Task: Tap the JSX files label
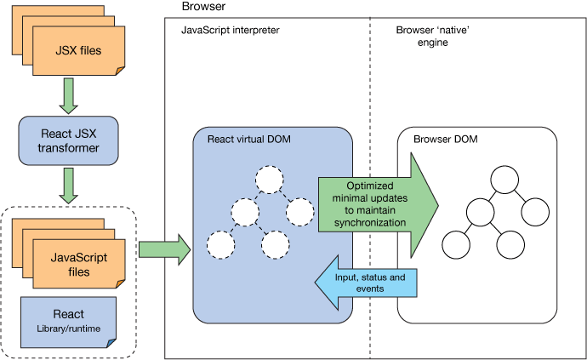[77, 50]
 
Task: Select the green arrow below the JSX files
[67, 96]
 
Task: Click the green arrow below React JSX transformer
[67, 186]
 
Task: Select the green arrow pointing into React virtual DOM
[164, 249]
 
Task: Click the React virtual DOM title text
[247, 138]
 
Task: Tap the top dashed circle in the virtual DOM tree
[269, 180]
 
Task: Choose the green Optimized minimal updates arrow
[374, 204]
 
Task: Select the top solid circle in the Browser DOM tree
[503, 180]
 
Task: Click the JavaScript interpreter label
[231, 31]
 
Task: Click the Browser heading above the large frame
[202, 7]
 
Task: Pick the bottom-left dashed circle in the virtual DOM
[221, 245]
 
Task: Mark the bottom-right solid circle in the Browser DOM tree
[512, 245]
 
